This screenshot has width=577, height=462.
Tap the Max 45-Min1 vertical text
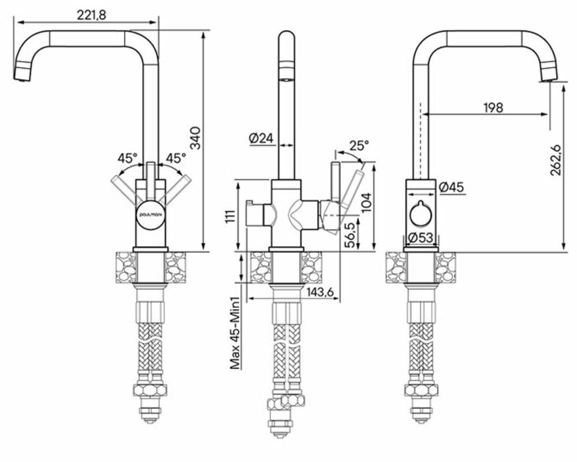tap(235, 333)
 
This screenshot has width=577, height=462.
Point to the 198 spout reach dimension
tap(494, 107)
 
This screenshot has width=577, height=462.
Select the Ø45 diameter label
tap(451, 187)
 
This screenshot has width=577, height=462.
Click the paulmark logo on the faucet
tap(151, 214)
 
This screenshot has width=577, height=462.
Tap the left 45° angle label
tap(127, 157)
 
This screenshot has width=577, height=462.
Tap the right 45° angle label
tap(176, 157)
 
